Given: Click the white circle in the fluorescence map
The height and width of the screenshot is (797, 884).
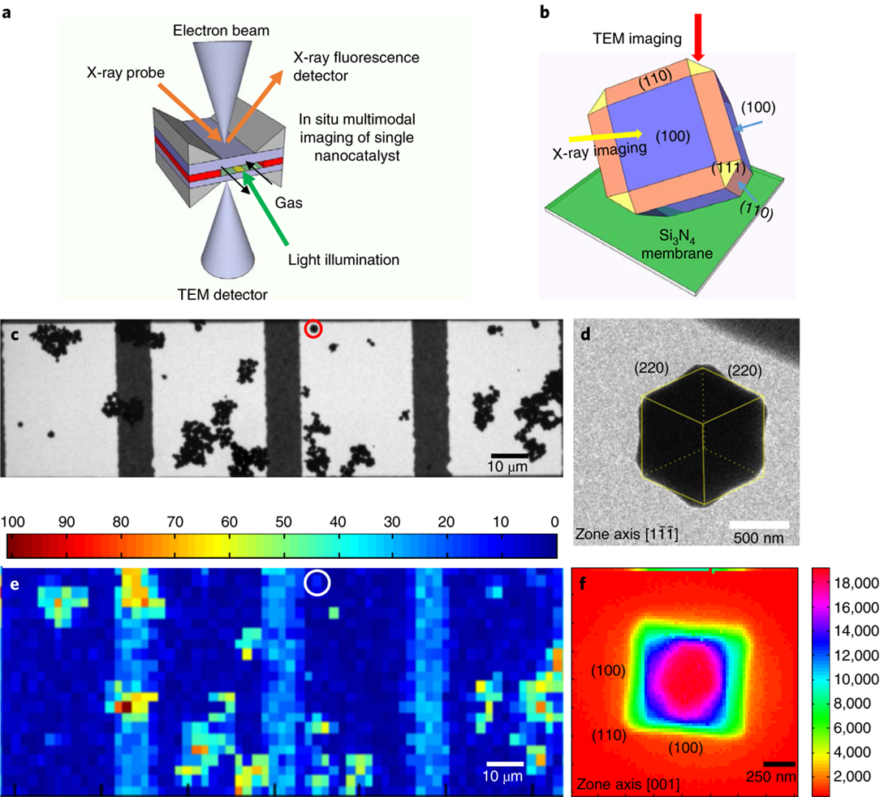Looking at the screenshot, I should coord(317,582).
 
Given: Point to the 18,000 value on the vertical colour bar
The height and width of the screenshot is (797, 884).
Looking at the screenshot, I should coord(857,583).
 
